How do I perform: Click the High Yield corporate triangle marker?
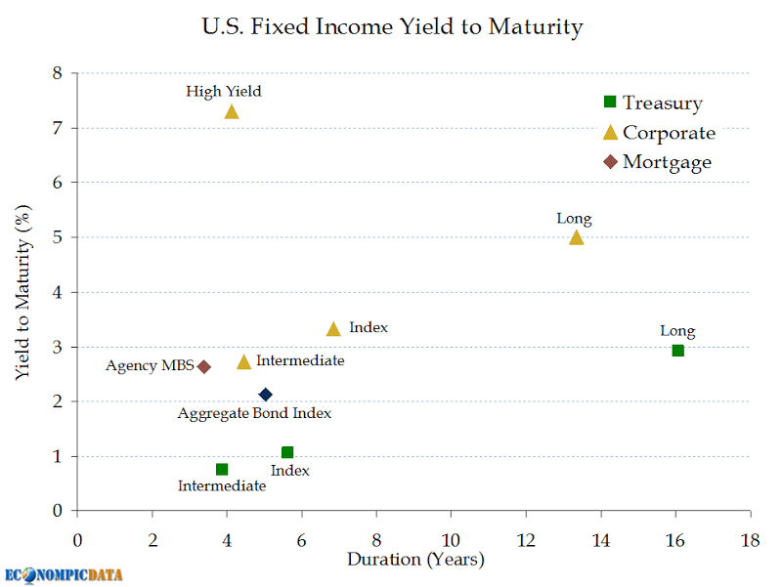pos(232,111)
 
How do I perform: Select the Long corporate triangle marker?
pos(576,237)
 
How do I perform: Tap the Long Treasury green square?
pos(677,351)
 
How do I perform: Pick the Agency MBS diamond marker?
pos(203,367)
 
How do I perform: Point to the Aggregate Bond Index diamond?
pos(265,395)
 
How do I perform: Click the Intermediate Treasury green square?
pos(222,470)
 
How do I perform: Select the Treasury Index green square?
pos(287,452)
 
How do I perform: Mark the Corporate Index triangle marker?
pos(333,329)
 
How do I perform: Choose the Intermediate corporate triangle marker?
pos(244,362)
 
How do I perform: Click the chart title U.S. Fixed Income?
pos(392,26)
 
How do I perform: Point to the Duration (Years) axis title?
pos(415,560)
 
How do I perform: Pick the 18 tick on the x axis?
pos(750,539)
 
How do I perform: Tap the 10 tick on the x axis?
pos(451,539)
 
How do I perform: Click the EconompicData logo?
pos(65,574)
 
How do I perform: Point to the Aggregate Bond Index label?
pos(254,413)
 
